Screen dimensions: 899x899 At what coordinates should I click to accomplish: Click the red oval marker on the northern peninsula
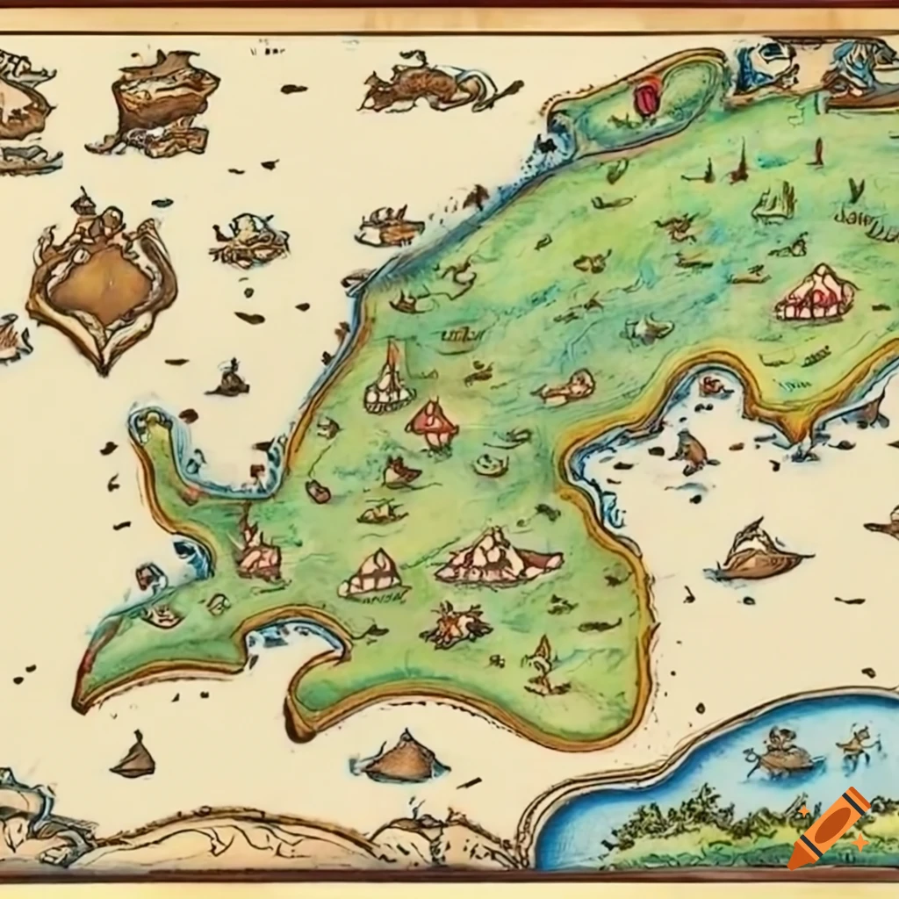(x=647, y=97)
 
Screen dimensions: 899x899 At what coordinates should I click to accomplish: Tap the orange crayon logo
(x=829, y=828)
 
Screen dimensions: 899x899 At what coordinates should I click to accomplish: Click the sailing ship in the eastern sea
(x=757, y=553)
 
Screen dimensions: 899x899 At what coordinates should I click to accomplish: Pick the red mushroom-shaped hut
(x=432, y=422)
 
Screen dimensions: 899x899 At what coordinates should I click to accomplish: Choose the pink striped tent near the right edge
(x=815, y=294)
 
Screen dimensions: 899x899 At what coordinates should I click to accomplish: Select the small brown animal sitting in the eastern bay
(x=693, y=452)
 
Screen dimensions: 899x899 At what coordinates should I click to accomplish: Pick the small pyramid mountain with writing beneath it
(x=373, y=575)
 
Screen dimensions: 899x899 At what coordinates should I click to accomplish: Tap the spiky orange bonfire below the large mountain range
(x=457, y=625)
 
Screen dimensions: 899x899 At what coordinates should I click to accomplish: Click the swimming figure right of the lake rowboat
(x=856, y=744)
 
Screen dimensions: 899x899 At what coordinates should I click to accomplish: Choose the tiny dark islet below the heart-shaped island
(x=229, y=379)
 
